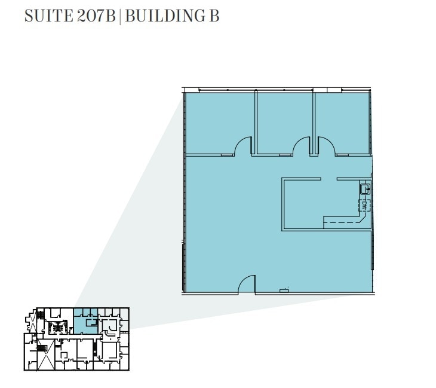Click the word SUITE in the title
(x=49, y=16)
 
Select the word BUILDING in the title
(x=162, y=16)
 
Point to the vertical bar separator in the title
(x=120, y=16)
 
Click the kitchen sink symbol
(x=364, y=190)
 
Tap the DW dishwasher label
(x=364, y=206)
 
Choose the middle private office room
(x=284, y=123)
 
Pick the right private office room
(x=343, y=123)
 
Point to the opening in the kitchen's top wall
(x=329, y=179)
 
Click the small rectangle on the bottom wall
(x=284, y=291)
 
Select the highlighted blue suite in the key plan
(x=85, y=322)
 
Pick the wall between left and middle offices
(x=254, y=122)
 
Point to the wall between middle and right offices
(x=314, y=122)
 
